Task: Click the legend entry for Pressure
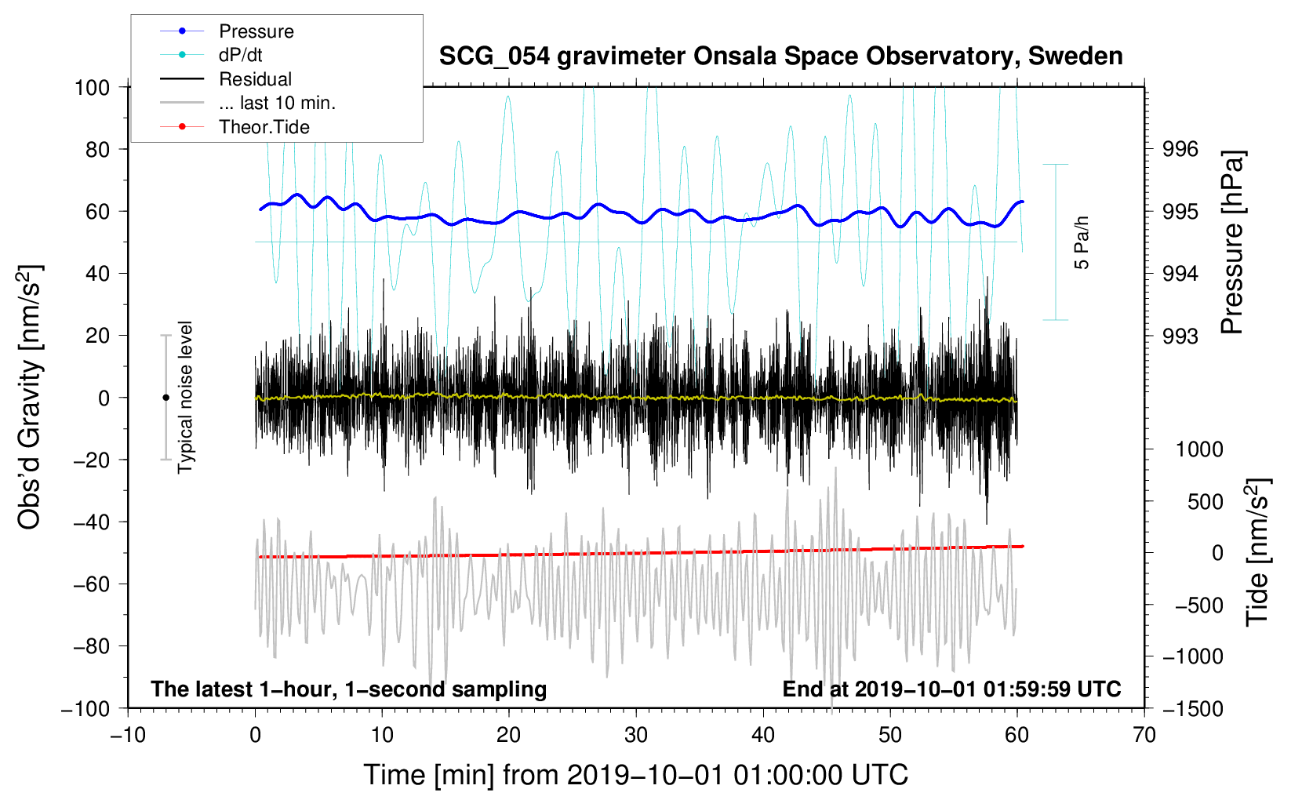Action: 256,31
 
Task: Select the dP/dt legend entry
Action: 240,55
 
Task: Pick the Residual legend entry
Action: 255,79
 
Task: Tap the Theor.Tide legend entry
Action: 264,127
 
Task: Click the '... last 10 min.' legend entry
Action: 277,103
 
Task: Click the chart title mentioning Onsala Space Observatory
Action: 780,56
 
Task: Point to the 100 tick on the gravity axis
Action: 92,87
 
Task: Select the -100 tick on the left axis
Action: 85,708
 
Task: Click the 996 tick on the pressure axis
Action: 1180,149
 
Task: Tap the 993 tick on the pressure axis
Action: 1180,336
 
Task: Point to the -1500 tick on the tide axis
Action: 1192,708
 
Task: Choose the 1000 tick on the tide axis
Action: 1198,449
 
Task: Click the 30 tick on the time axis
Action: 636,735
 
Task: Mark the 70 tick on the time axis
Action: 1144,735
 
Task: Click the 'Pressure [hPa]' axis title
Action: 1232,243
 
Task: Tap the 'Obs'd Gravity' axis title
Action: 30,397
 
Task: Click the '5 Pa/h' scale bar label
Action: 1082,242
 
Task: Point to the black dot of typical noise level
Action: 165,398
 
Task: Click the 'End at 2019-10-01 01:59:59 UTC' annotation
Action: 951,689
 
